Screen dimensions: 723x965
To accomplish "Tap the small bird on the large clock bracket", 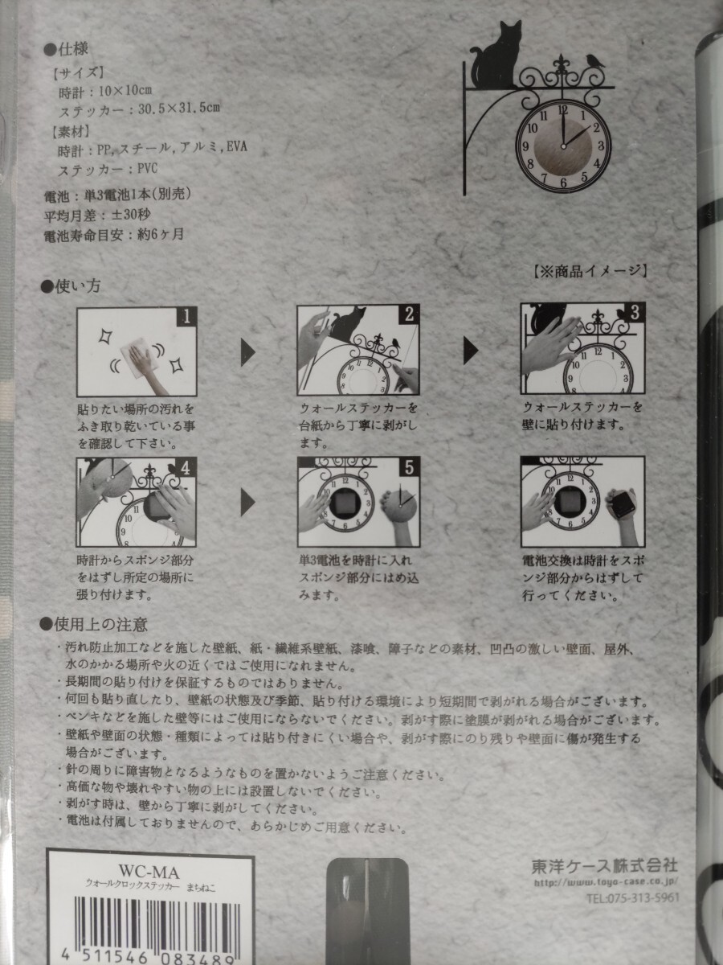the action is coord(594,60).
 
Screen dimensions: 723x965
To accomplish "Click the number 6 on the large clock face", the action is coord(563,183).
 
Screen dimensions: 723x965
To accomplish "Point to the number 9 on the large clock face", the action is coord(525,147).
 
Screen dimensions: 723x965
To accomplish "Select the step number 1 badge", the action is coord(186,317).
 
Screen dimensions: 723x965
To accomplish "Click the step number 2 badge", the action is coord(409,314).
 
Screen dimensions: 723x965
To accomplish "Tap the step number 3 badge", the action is coord(635,313).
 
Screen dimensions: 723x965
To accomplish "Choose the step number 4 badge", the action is coord(186,468).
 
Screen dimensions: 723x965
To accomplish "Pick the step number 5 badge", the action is coord(409,467).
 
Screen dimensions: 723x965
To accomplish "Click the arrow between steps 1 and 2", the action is coord(248,352).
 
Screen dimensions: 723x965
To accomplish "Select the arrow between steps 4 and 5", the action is coord(248,503).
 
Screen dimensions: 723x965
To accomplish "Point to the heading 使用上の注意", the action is coord(94,625).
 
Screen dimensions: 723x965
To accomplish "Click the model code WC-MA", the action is coord(149,872).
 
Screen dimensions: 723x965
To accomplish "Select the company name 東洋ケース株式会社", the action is coord(604,867).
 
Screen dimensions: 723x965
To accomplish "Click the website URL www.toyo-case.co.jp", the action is coord(607,882).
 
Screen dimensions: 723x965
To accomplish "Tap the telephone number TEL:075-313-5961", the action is coord(633,897).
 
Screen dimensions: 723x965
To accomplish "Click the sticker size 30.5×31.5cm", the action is coord(179,108).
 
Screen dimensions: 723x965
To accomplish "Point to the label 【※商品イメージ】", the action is coord(590,271).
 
